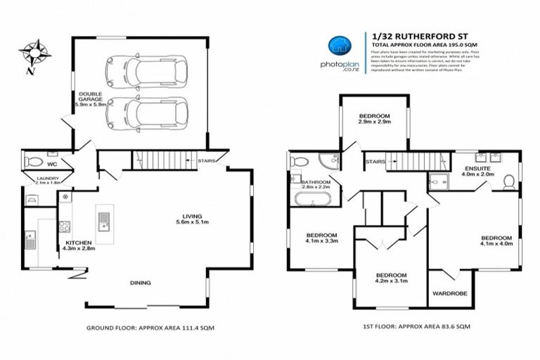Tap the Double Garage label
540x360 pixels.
click(89, 99)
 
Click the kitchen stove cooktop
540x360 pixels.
click(64, 226)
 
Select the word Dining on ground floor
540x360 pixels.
click(143, 283)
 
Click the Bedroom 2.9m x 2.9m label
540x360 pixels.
click(373, 119)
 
